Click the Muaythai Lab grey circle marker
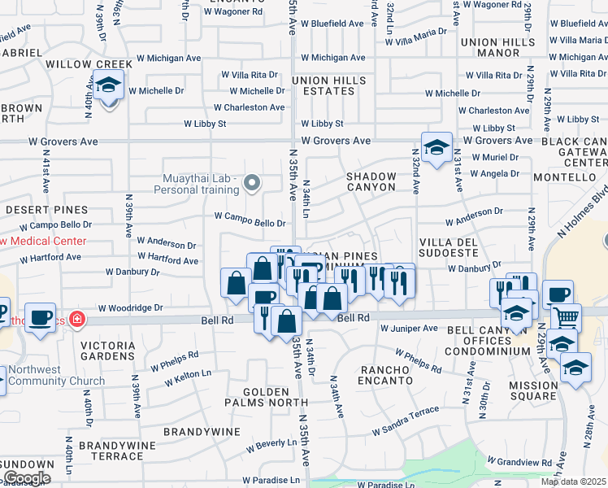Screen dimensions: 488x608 [252, 184]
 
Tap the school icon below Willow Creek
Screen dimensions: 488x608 [107, 85]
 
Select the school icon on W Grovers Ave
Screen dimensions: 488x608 [436, 148]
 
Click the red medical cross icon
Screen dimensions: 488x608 [76, 318]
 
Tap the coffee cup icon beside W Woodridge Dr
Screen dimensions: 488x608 [40, 316]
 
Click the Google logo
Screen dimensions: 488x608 [27, 477]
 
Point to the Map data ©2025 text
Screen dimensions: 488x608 [574, 481]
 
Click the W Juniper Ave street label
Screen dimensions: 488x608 [409, 329]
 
